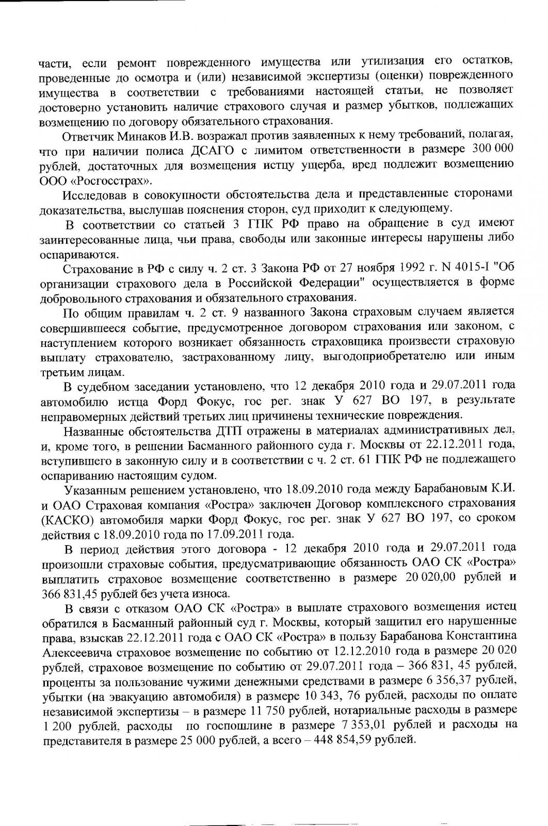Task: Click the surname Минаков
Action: pyautogui.click(x=130, y=136)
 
